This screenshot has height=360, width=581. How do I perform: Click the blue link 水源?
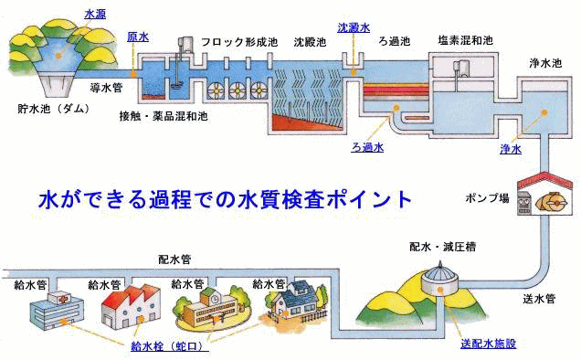pos(95,15)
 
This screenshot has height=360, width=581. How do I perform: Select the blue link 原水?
pos(138,37)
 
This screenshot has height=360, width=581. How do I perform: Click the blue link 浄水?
pos(511,148)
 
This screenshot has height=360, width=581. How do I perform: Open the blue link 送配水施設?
pos(489,344)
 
